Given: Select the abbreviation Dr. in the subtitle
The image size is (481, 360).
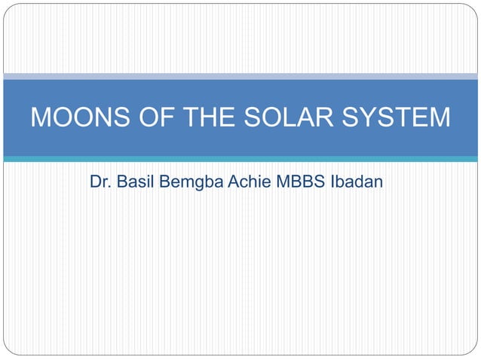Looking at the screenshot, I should (100, 182).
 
